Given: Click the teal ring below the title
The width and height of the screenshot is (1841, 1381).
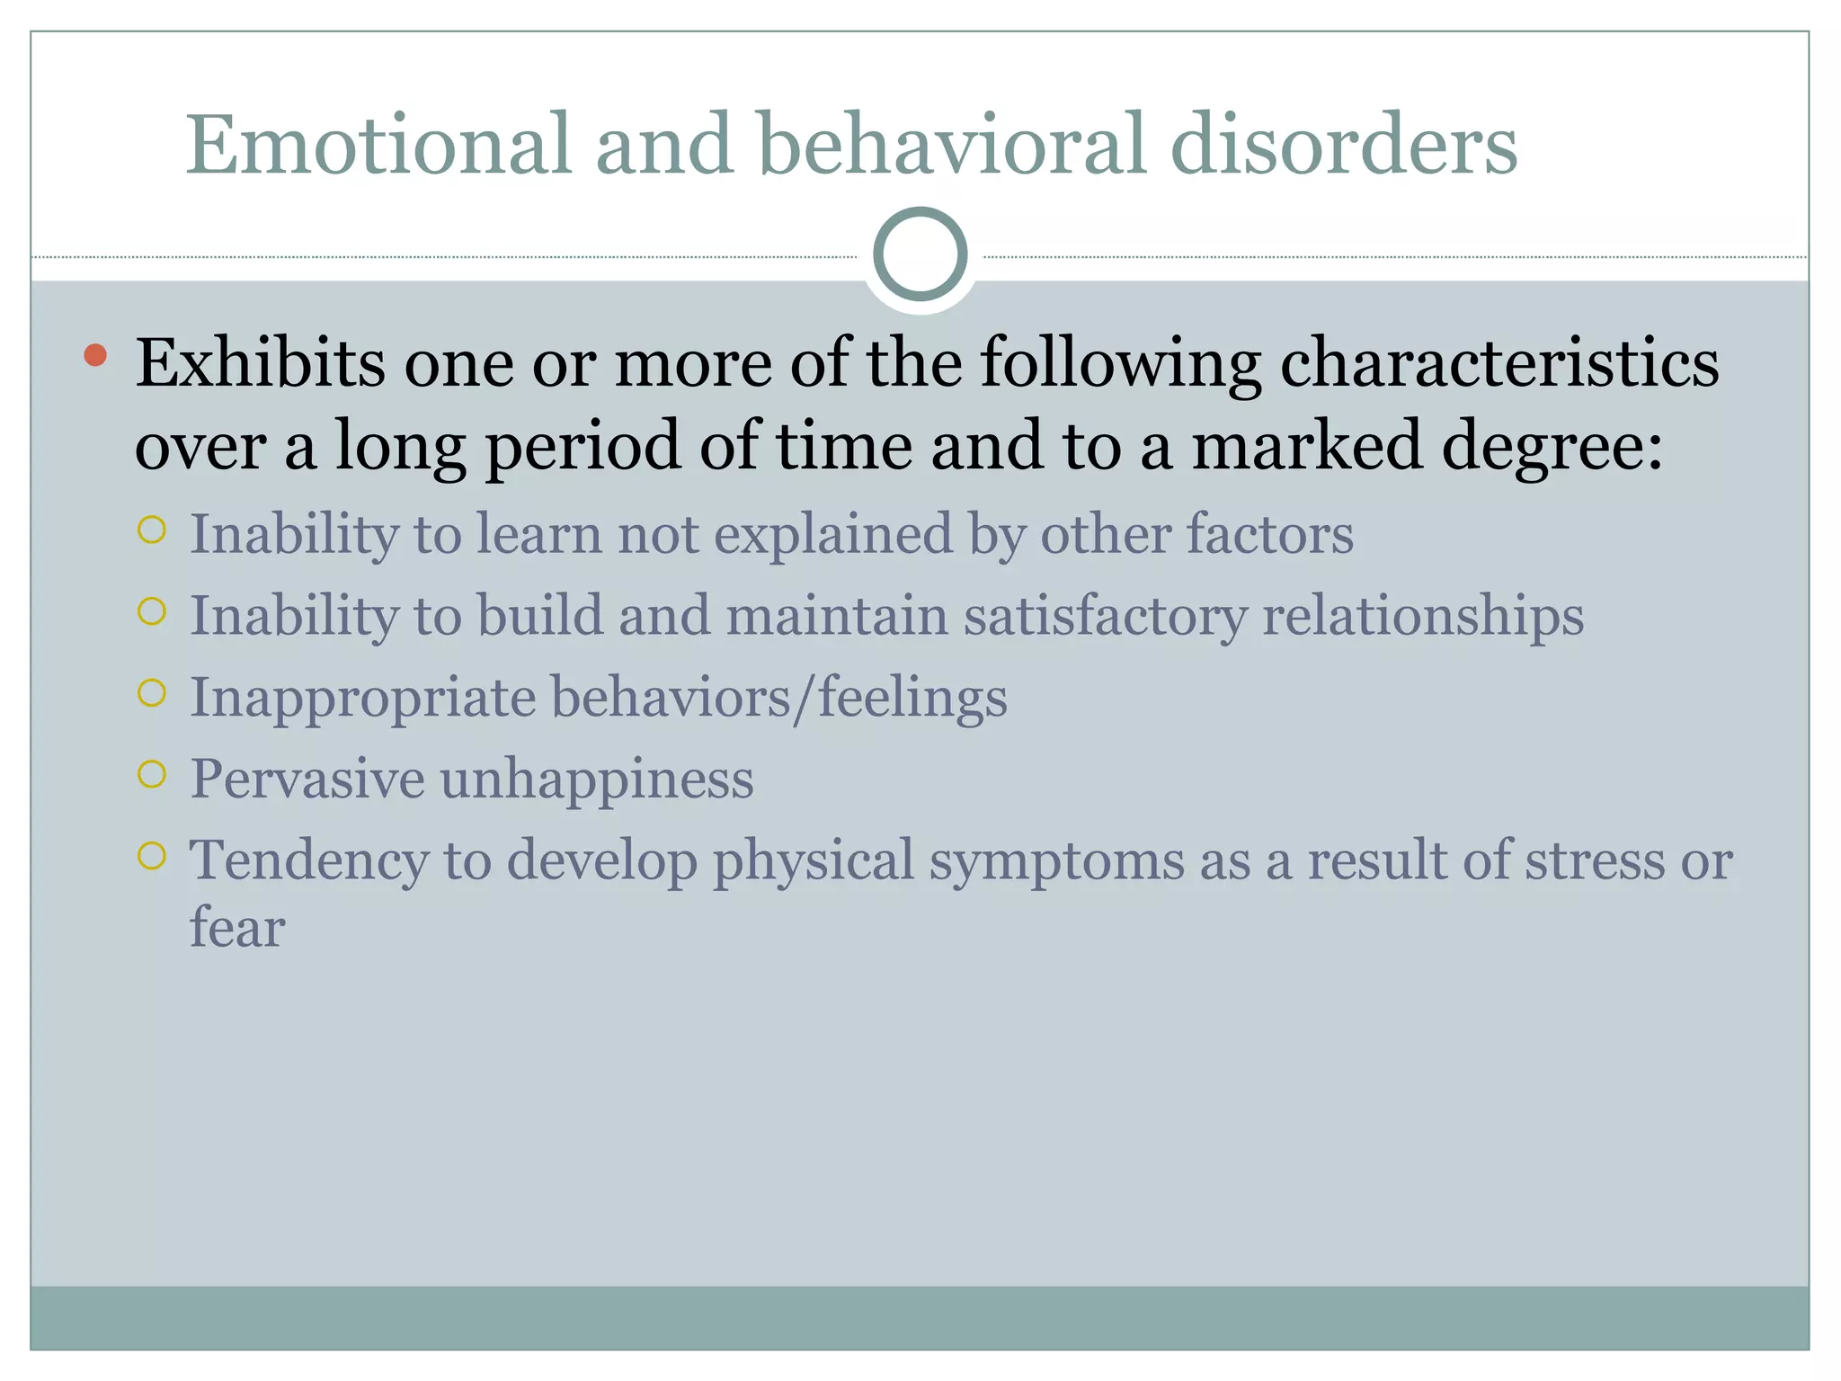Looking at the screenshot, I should (920, 254).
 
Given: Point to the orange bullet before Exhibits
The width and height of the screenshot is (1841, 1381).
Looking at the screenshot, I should (95, 355).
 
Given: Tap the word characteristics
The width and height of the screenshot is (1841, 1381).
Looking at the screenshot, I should (1499, 362).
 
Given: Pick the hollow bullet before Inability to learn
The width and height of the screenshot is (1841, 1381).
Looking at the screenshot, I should (153, 530).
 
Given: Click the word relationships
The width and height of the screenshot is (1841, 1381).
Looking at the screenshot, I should (1423, 617).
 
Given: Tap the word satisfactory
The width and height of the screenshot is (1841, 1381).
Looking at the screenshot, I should (1105, 617).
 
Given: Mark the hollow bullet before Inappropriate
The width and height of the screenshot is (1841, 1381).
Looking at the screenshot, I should (153, 693).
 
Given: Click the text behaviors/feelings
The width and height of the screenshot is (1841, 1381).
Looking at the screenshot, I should (778, 698).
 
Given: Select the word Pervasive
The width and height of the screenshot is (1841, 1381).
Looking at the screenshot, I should (307, 779).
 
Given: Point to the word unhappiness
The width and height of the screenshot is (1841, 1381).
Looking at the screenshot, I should (597, 779).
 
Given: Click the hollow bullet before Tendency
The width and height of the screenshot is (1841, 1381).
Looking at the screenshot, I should (153, 855).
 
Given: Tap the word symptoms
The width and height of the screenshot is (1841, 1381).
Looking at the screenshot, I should (1056, 861).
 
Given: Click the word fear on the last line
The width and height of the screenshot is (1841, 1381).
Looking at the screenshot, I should (237, 927).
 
